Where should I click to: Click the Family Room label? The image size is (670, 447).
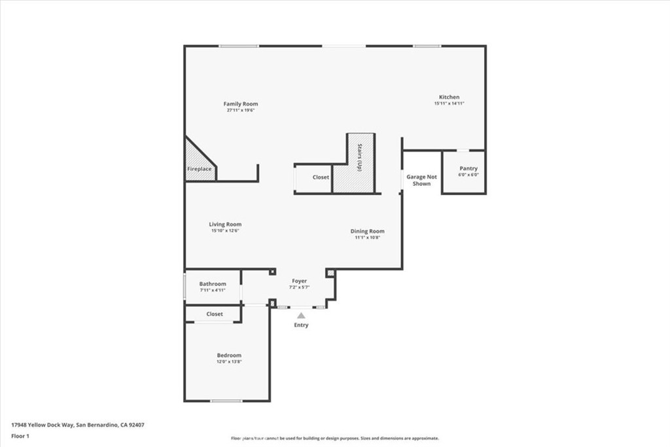pos(241,104)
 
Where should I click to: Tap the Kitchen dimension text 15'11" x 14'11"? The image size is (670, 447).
pos(449,103)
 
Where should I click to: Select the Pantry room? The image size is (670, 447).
pos(464,172)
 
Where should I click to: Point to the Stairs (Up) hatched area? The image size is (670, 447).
pos(360,164)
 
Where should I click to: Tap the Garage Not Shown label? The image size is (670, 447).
pos(421,180)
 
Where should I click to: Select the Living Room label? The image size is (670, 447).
pos(225,224)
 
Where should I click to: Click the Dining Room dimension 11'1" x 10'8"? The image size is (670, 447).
pos(367,238)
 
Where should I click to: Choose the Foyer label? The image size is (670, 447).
pos(299,281)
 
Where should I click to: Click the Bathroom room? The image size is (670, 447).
pos(213,287)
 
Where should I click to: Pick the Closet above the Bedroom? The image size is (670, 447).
pos(214,314)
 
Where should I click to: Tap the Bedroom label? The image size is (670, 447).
pos(229,355)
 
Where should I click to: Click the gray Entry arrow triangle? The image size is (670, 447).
pos(301,315)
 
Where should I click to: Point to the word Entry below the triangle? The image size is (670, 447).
pos(301,325)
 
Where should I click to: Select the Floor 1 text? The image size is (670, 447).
pos(20,436)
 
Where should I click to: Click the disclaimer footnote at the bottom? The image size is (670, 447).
pos(334,438)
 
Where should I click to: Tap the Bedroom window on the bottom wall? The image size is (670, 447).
pos(226,401)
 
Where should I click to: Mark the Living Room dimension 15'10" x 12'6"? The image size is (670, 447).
pos(225,231)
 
